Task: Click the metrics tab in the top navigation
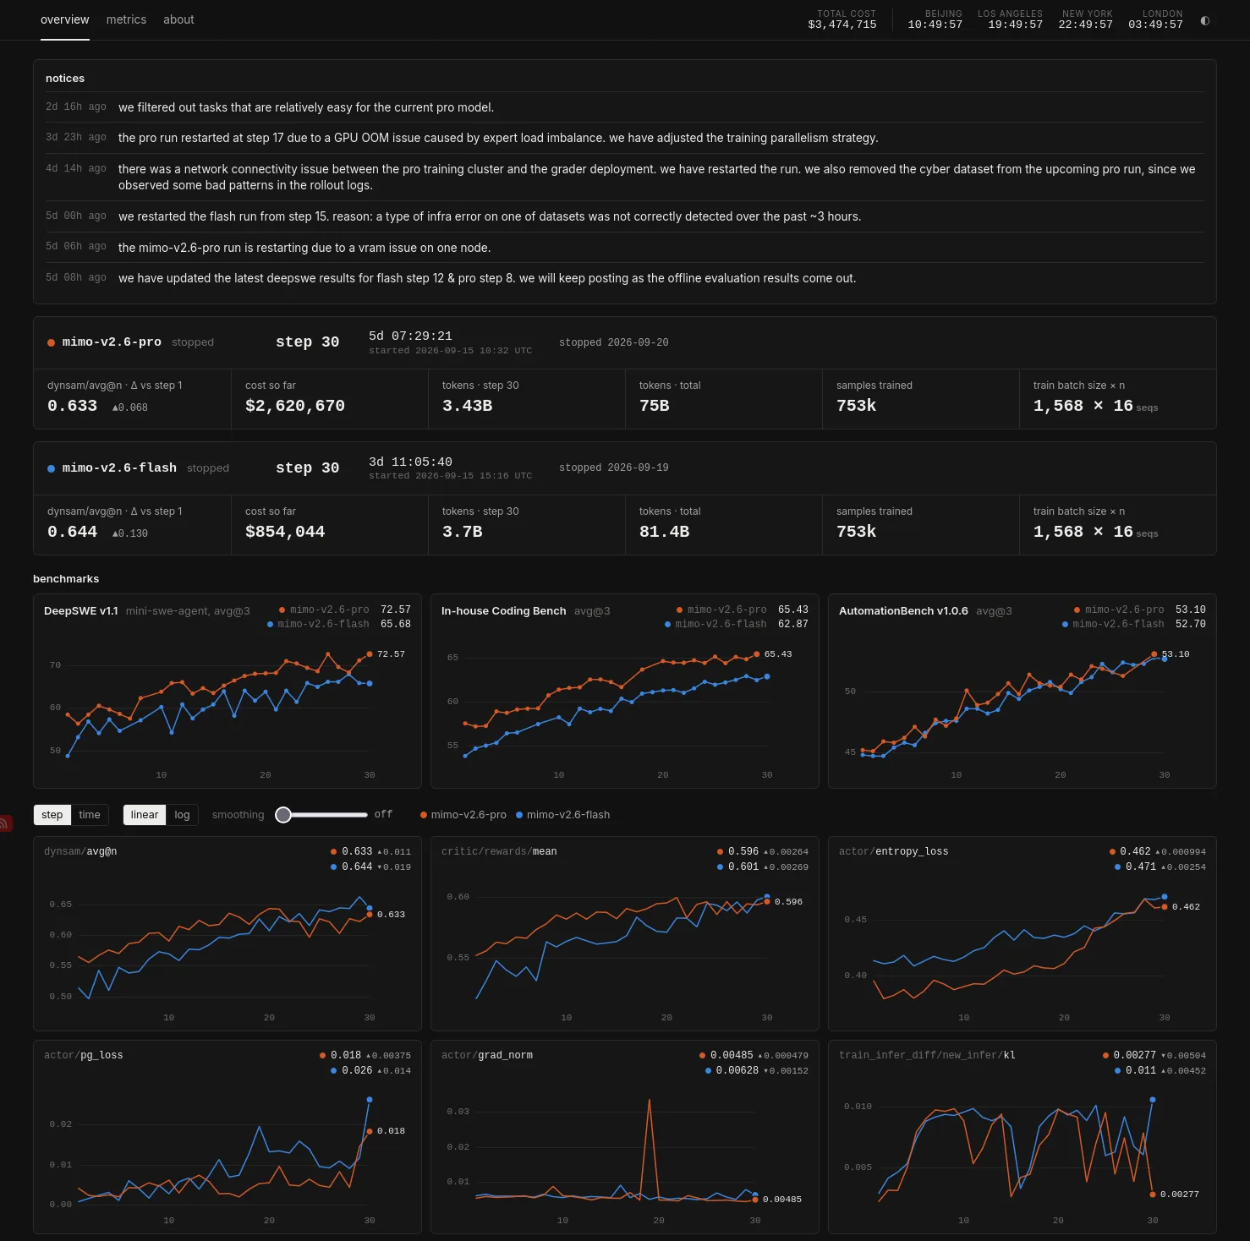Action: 126,19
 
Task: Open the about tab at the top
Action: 178,19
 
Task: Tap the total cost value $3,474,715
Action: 842,25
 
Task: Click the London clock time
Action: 1155,25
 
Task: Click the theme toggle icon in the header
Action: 1205,20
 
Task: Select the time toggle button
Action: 90,815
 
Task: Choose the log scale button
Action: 182,815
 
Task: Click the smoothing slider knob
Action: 283,814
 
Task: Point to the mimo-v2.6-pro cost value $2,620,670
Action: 295,406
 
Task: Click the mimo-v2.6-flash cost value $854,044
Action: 285,532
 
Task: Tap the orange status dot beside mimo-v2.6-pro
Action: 51,342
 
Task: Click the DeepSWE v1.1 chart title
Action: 81,611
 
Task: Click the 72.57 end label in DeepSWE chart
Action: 391,654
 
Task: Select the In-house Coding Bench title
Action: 504,611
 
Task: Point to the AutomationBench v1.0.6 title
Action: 903,611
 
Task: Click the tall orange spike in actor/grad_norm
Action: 649,1101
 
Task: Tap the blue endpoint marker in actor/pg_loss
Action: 370,1100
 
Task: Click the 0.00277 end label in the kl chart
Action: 1180,1195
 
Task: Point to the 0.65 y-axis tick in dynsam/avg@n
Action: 61,905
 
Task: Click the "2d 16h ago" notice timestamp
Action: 76,107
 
